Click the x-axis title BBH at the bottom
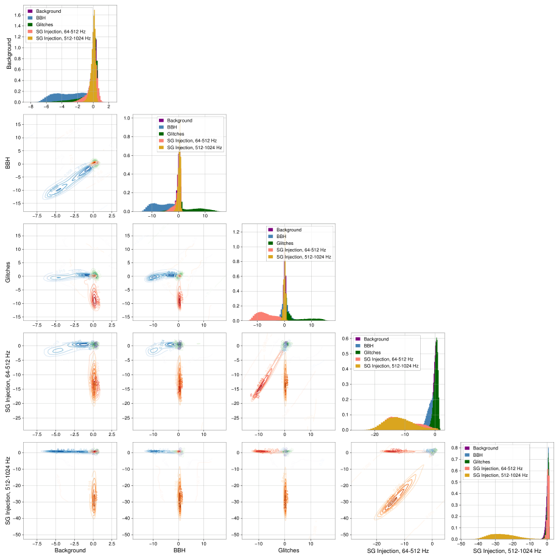click(176, 550)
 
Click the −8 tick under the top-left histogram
click(30, 107)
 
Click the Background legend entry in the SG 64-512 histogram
click(381, 339)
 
